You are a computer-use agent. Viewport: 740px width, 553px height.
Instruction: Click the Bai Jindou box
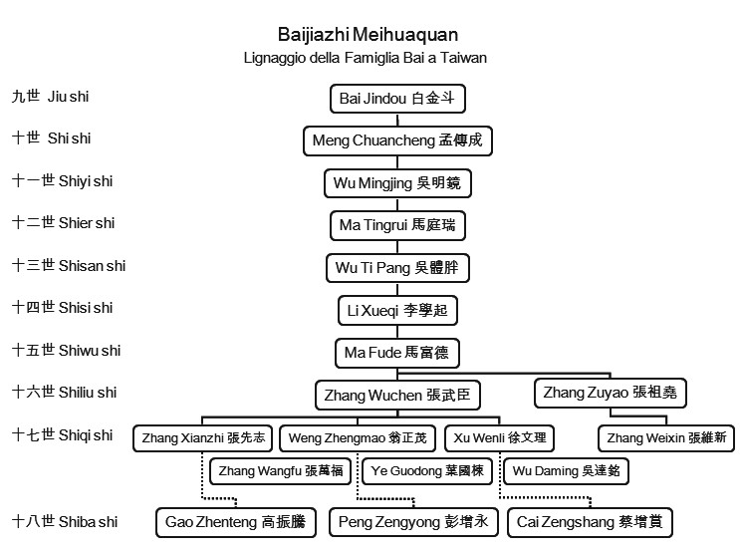coord(397,99)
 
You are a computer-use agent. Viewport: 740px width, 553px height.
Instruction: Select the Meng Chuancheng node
coord(397,140)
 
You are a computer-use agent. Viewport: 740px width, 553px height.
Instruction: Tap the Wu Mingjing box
coord(397,183)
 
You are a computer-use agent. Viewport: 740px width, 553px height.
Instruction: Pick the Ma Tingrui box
coord(397,225)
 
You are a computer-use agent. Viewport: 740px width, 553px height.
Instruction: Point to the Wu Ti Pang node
coord(397,268)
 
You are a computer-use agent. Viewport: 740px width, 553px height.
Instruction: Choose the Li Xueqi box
coord(397,310)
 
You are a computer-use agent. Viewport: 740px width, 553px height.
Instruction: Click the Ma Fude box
coord(397,353)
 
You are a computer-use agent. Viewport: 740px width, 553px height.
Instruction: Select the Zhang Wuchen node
coord(397,395)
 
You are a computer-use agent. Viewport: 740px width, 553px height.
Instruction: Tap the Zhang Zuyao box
coord(611,393)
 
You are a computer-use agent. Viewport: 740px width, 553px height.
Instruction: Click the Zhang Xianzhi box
coord(203,438)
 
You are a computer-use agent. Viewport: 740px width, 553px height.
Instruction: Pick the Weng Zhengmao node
coord(358,438)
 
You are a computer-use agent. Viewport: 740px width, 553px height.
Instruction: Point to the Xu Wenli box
coord(499,438)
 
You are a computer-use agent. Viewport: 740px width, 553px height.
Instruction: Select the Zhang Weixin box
coord(666,438)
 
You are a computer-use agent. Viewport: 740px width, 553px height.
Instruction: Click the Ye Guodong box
coord(427,471)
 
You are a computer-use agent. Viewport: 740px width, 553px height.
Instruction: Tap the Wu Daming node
coord(566,471)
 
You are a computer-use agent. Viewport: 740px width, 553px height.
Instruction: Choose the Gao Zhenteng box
coord(235,522)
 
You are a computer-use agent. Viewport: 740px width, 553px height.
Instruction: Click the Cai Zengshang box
coord(590,522)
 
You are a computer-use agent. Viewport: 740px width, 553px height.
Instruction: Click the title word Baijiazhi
coord(314,35)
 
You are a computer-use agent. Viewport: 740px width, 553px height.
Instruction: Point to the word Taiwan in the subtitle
coord(463,58)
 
